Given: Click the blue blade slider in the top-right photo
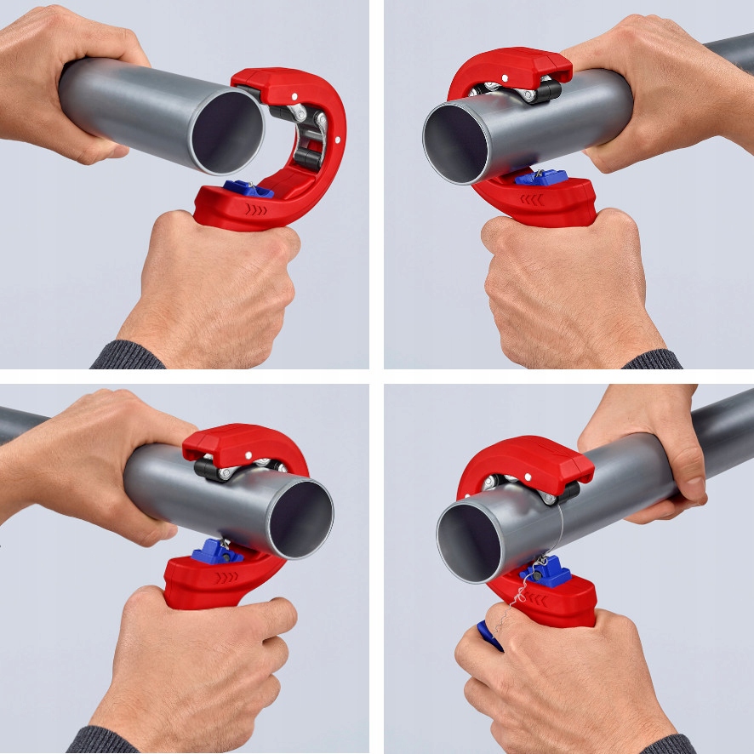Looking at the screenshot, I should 540,177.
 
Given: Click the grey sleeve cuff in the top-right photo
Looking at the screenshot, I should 652,359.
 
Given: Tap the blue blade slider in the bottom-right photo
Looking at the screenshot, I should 546,571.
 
